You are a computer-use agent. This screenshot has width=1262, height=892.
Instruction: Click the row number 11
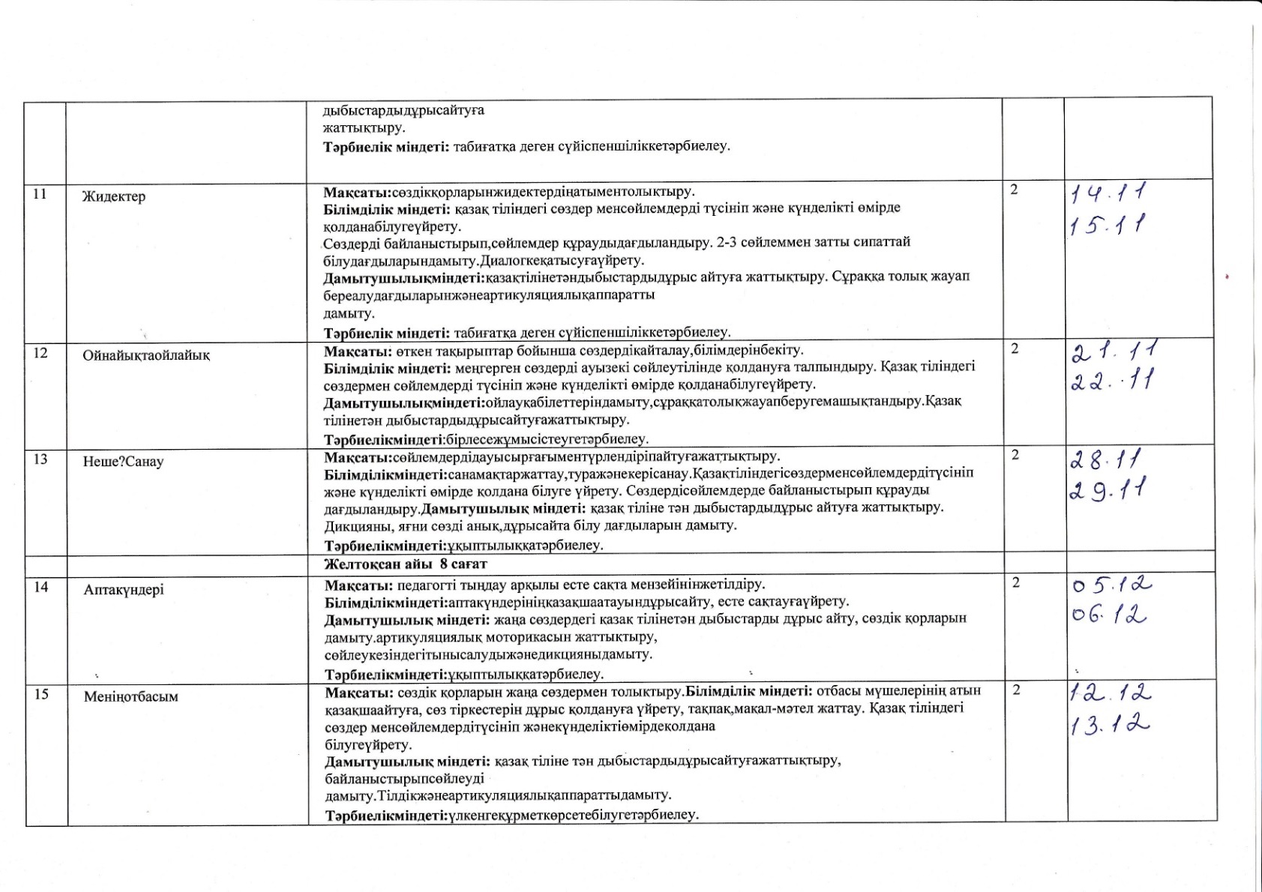tap(40, 194)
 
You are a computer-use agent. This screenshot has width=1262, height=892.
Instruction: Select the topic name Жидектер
tap(114, 197)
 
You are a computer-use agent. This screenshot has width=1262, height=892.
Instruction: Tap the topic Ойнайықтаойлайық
tap(146, 355)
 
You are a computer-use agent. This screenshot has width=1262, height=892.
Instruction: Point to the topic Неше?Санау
tap(123, 462)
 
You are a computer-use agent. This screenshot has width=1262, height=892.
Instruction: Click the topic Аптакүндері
tap(124, 590)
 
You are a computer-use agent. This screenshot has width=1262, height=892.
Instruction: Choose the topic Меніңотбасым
tap(131, 697)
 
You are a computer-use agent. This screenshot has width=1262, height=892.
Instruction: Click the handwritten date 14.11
tap(1109, 194)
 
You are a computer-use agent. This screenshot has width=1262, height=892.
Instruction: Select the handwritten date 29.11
tap(1109, 492)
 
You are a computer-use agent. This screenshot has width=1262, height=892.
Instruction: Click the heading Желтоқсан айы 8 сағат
tap(406, 564)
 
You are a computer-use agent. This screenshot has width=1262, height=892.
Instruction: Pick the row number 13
tap(40, 459)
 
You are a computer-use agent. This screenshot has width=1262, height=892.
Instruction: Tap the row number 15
tap(41, 694)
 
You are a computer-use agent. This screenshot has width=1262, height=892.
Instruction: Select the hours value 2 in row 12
tap(1015, 349)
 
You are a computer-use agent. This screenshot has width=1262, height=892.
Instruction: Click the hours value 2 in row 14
tap(1016, 583)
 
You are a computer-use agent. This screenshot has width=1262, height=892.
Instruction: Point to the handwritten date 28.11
tap(1106, 459)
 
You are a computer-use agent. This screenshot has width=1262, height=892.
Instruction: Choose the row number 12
tap(40, 352)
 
